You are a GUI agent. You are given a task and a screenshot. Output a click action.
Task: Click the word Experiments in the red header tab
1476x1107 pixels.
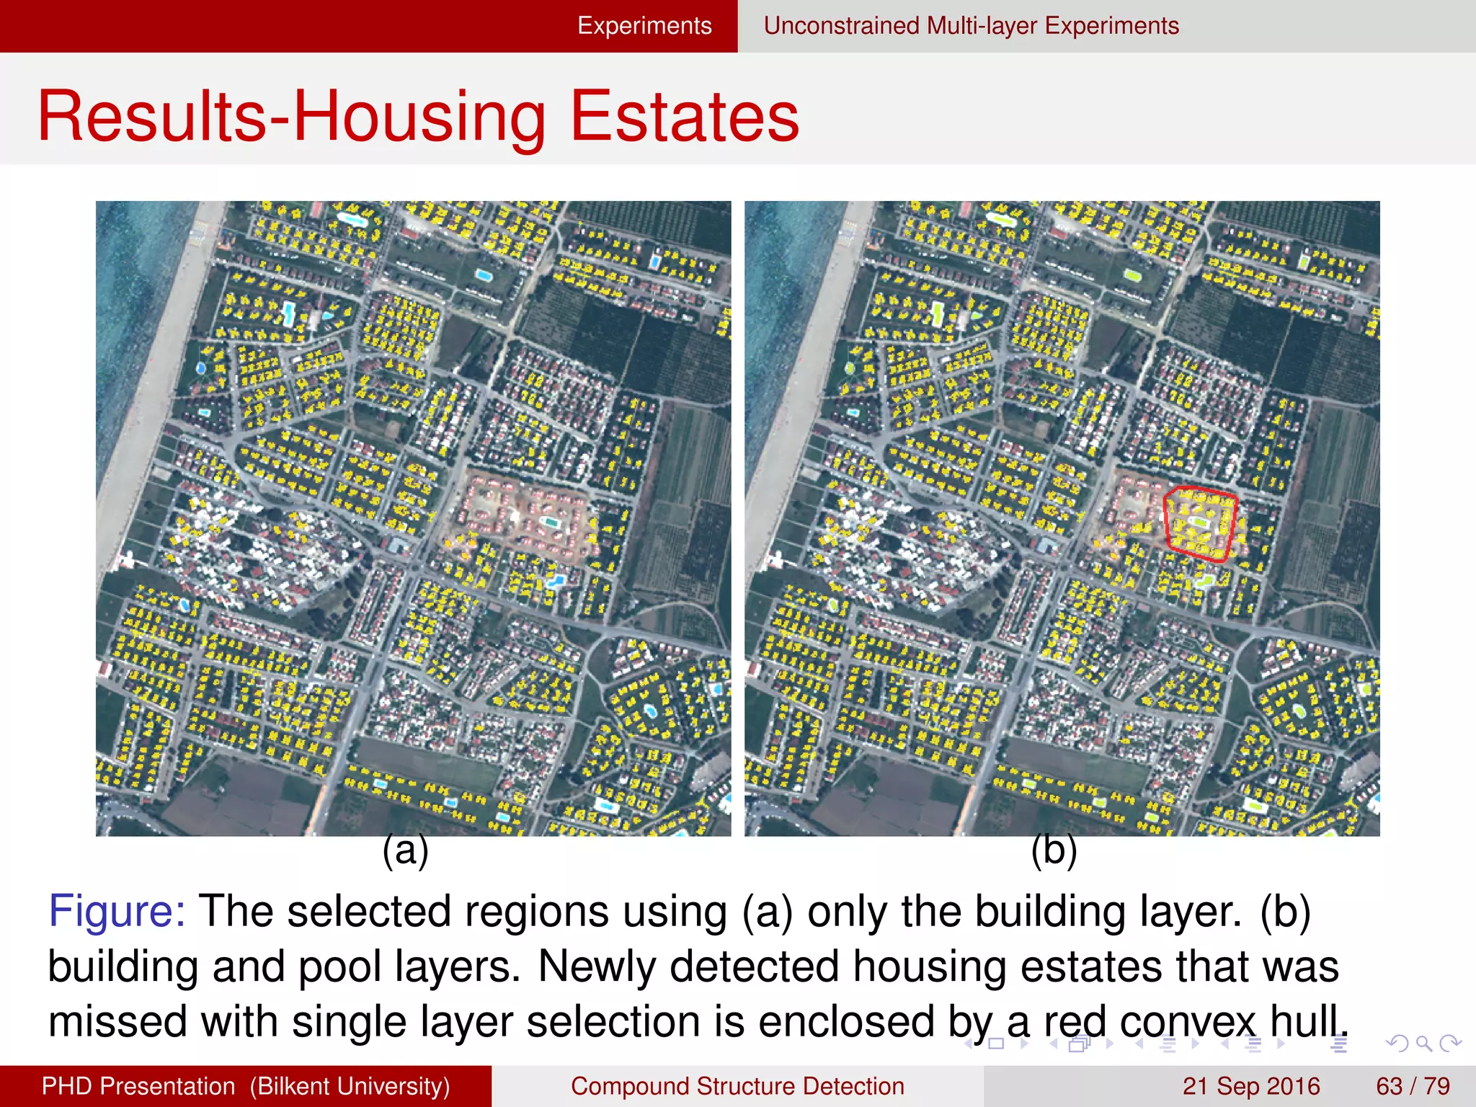[x=644, y=26]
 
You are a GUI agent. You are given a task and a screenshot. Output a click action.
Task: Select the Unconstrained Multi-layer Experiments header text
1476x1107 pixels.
[x=971, y=26]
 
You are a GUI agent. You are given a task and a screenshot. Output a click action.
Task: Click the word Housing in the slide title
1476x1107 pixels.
[x=419, y=117]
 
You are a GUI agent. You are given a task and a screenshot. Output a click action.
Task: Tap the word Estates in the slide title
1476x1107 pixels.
[x=685, y=117]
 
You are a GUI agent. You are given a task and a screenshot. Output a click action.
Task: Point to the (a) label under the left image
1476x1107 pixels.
[x=405, y=851]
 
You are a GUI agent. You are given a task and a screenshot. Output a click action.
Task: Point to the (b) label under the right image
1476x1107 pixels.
[x=1054, y=851]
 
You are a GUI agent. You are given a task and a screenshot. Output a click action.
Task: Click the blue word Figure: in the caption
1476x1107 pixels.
[x=117, y=911]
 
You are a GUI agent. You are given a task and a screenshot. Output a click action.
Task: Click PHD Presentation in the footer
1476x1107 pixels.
[x=138, y=1086]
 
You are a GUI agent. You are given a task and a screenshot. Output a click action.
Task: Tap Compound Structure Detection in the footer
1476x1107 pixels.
[x=737, y=1086]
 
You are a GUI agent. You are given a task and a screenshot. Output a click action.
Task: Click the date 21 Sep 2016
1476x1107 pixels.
[x=1250, y=1086]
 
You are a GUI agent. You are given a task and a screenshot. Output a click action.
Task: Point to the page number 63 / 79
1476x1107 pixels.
[x=1413, y=1086]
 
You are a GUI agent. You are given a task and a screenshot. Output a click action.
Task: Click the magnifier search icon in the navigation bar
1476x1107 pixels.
[x=1423, y=1044]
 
